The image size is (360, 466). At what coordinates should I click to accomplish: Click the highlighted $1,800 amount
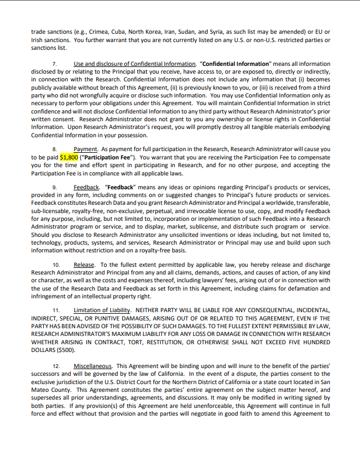[69, 157]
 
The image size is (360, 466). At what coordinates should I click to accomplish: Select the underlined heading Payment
[85, 149]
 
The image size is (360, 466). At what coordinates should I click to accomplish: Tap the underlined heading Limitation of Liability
[102, 310]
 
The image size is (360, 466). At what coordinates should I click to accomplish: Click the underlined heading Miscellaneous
[92, 366]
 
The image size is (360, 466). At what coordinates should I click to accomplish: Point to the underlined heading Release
[84, 265]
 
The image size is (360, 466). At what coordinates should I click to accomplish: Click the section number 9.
[55, 188]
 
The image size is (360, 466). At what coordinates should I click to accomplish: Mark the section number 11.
[56, 310]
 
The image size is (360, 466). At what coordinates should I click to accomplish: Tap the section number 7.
[55, 64]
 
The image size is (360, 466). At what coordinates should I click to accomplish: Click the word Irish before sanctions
[38, 40]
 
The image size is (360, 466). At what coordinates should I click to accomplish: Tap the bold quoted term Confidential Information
[236, 64]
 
